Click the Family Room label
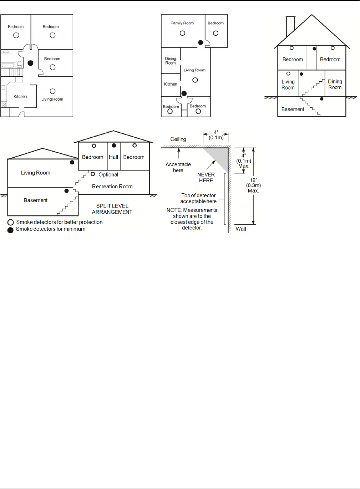click(182, 23)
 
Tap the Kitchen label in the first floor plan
click(20, 97)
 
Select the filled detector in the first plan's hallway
click(31, 63)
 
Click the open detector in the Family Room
click(182, 33)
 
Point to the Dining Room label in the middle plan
click(171, 61)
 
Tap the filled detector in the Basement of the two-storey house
click(322, 99)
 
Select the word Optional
click(108, 175)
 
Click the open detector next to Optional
click(93, 174)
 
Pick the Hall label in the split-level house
click(113, 157)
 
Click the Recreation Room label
click(112, 187)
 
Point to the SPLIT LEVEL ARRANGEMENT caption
click(112, 209)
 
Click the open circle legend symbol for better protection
click(11, 222)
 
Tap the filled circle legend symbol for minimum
click(11, 230)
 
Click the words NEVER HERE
click(206, 178)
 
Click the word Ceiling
click(178, 139)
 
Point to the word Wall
click(241, 229)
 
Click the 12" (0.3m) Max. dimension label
click(253, 185)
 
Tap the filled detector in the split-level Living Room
click(72, 162)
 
